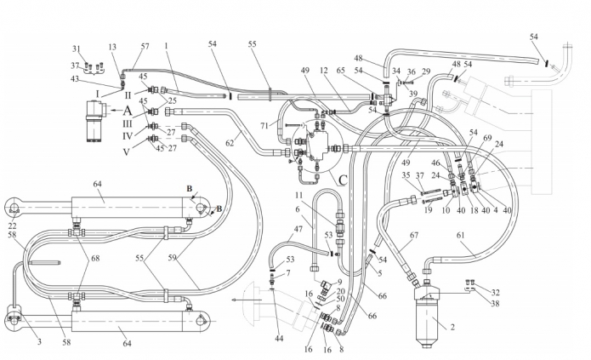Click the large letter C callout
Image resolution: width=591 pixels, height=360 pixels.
[x=343, y=179]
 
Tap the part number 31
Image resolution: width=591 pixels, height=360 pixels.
[x=76, y=49]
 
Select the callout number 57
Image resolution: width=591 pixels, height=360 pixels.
[x=145, y=45]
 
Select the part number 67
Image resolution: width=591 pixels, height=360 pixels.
[x=414, y=236]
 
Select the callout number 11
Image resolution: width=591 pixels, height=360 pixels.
[x=298, y=197]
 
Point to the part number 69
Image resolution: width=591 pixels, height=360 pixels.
[x=486, y=139]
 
